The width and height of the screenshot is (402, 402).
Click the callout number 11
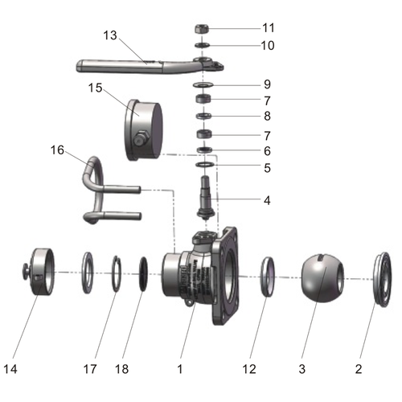[x=268, y=28]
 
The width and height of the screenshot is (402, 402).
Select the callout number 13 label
[x=110, y=35]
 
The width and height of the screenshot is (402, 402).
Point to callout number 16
[x=57, y=150]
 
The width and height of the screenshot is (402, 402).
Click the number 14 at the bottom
[x=10, y=369]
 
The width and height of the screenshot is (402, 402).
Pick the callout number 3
[x=302, y=369]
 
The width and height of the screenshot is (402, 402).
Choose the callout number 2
[x=358, y=369]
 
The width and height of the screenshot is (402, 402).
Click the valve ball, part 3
[x=321, y=278]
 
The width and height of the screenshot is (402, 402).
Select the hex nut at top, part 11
[x=203, y=29]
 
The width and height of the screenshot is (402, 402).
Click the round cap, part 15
[x=144, y=129]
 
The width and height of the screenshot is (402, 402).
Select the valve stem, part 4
[x=206, y=198]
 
